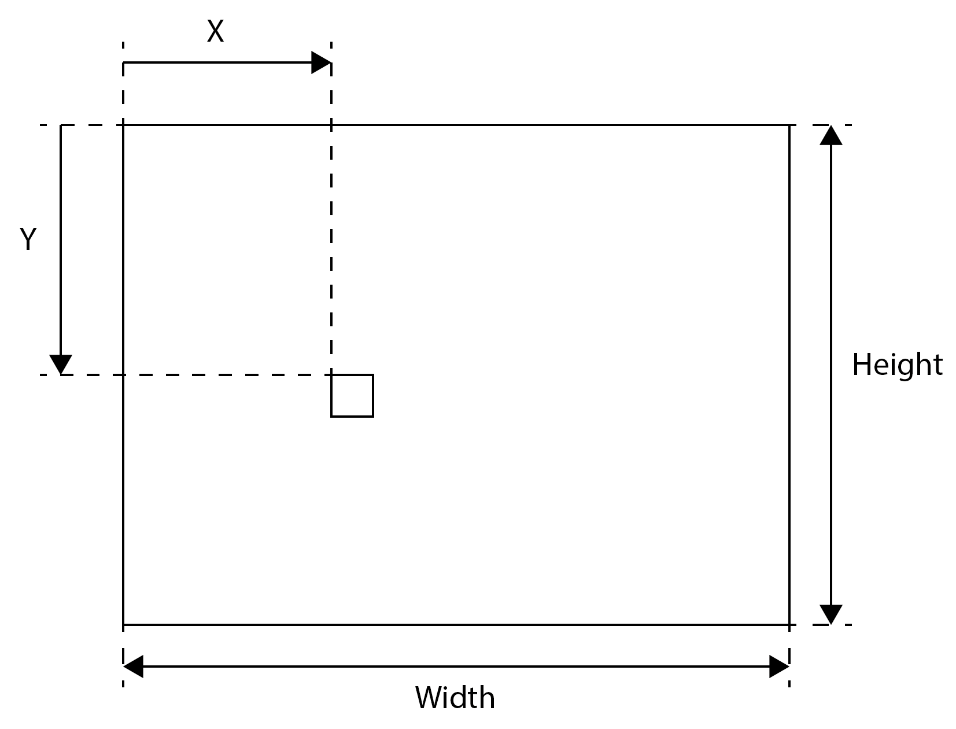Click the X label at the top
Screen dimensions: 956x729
[215, 31]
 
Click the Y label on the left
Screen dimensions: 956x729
[28, 239]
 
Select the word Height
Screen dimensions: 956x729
[897, 365]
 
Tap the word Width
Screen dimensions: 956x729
[455, 698]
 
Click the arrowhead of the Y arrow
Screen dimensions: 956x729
[61, 365]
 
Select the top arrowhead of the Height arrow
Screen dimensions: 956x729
[830, 135]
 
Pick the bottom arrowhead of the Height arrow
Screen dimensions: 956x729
[830, 614]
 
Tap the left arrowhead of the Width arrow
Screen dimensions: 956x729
[133, 667]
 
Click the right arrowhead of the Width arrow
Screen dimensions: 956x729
[779, 667]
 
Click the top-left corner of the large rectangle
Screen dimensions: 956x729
[123, 125]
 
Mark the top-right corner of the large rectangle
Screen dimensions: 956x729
[789, 125]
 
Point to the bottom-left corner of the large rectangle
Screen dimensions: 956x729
[123, 624]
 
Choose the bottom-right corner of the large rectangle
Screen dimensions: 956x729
[789, 624]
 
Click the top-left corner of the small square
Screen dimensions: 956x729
[331, 375]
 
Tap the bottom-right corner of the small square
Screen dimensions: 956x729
[373, 417]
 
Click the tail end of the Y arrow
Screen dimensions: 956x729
[61, 126]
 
